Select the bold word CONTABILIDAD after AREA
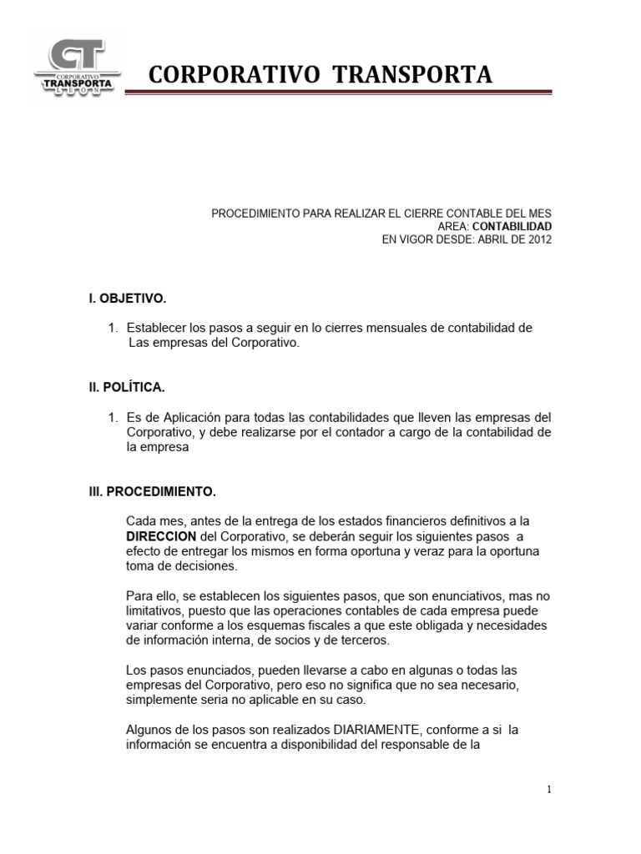pos(512,226)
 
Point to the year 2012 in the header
pos(538,239)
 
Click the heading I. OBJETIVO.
pos(128,298)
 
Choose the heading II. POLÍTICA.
pos(128,387)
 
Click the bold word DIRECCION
pos(161,535)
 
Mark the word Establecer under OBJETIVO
pos(158,328)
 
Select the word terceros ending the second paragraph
pos(366,640)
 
